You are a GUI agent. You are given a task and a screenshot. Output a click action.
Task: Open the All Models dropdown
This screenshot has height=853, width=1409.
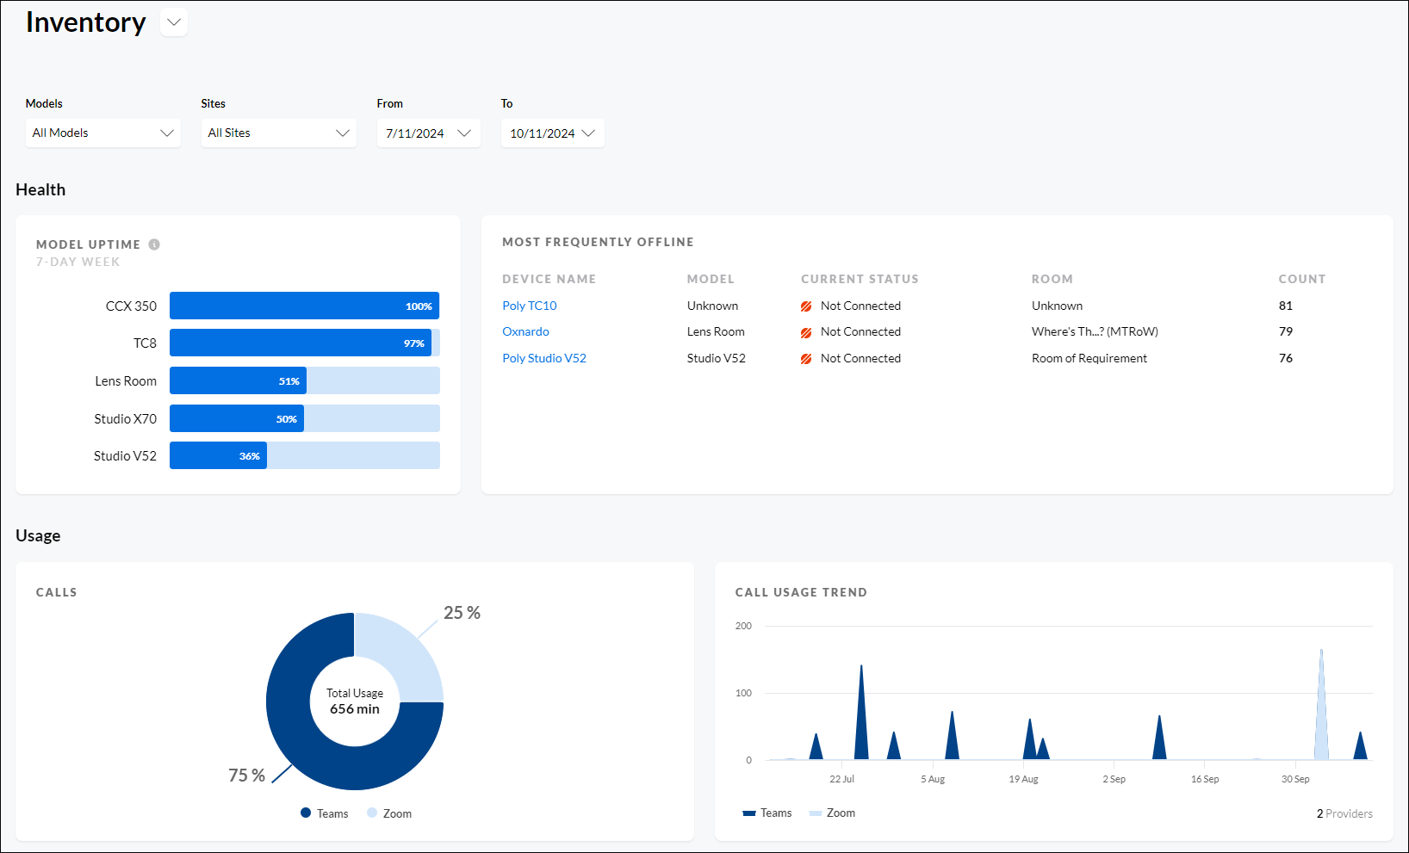102,133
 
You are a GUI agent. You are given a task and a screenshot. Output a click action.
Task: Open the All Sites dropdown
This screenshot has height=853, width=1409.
278,133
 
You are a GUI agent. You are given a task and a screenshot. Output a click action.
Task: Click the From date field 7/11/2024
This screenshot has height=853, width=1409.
428,133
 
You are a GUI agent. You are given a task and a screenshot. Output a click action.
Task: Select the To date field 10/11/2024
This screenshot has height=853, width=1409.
552,133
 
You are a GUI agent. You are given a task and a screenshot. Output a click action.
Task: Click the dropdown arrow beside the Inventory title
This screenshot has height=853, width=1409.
174,22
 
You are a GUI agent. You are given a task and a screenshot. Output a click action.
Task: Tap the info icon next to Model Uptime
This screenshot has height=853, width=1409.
154,244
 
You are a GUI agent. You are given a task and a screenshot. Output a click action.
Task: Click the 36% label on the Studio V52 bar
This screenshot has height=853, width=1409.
250,456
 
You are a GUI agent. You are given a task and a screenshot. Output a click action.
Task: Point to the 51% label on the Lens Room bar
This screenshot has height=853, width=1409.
289,381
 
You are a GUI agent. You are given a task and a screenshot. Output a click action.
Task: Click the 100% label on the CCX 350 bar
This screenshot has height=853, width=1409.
419,306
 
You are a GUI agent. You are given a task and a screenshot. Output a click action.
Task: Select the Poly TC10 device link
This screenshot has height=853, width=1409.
530,306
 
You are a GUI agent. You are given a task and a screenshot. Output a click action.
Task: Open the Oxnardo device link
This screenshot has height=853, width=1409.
525,331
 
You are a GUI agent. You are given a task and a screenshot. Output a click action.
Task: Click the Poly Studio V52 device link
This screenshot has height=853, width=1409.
544,358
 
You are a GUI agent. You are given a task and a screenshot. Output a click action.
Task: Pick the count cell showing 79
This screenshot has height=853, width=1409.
1286,331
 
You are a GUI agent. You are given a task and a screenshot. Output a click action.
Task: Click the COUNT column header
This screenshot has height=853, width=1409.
1301,279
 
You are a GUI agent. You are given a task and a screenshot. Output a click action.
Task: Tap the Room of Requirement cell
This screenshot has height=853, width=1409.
1089,358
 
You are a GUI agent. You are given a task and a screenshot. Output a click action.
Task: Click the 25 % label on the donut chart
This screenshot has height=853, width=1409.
462,613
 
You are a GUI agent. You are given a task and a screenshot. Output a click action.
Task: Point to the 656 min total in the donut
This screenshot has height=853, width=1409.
355,709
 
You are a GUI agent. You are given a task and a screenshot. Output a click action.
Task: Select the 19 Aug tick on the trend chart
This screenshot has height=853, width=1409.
1023,779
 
